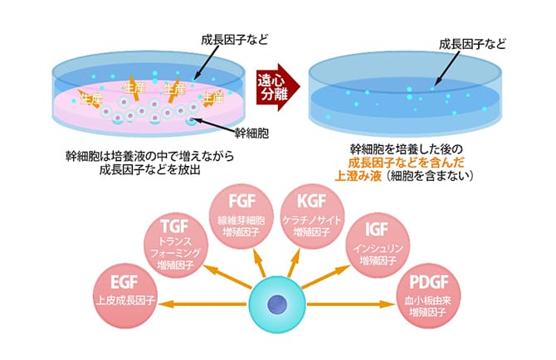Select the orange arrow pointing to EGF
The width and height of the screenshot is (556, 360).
(199, 304)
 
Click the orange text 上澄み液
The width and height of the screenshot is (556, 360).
(356, 177)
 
